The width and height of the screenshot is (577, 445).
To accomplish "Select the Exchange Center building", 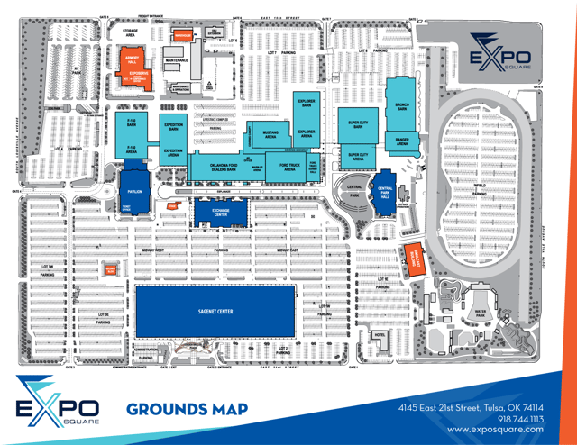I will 220,213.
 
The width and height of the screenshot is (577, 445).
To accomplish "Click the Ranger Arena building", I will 402,141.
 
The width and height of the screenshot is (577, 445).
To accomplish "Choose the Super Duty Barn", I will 358,125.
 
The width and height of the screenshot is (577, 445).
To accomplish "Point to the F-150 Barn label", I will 131,124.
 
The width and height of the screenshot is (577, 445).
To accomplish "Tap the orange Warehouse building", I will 184,36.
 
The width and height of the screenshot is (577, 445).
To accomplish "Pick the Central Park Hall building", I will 385,192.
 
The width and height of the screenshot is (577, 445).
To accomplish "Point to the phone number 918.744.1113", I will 522,419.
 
